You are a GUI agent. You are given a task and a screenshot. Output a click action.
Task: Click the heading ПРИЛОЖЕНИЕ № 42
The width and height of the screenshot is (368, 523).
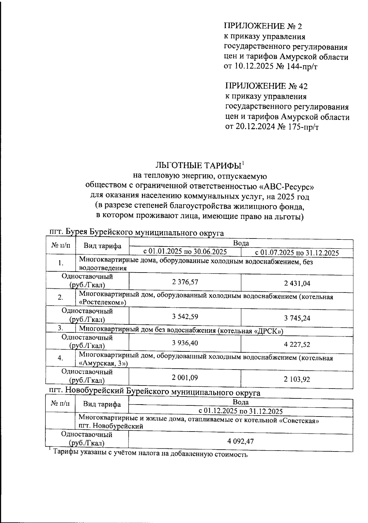point(266,86)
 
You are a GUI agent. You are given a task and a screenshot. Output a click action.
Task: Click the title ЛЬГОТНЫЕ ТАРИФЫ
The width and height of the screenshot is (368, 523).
point(197,165)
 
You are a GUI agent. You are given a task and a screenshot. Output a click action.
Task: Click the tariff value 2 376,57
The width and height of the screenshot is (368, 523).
point(185,282)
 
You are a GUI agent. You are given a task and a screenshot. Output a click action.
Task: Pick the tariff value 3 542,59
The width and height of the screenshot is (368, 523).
point(185,316)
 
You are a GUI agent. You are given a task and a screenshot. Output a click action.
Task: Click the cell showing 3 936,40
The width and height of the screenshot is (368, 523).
point(185,343)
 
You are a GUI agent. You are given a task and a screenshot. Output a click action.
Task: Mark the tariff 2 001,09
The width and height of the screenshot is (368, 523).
point(185,378)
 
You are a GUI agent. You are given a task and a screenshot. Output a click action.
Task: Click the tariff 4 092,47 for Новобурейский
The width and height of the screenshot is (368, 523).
point(240,441)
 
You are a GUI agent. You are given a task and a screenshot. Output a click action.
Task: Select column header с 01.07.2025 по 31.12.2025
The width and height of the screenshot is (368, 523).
point(297,253)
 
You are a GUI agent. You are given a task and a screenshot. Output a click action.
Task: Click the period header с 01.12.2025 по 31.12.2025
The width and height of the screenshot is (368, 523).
point(240,411)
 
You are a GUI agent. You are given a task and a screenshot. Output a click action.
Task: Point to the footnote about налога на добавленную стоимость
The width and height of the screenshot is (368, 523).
point(150,453)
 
